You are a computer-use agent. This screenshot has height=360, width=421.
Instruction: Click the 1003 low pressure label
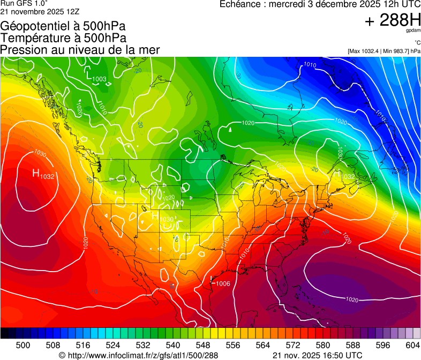[99, 79]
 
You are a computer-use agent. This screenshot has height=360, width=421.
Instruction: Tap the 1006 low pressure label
[223, 283]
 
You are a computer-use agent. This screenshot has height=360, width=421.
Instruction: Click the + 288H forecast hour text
[392, 20]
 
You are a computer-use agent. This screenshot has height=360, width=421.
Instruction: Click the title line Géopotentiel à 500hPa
[63, 26]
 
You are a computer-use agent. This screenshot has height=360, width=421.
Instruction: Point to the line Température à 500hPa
[63, 37]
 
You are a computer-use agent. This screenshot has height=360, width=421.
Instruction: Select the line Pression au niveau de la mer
[80, 50]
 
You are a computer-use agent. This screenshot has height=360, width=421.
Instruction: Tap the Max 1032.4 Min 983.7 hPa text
[384, 51]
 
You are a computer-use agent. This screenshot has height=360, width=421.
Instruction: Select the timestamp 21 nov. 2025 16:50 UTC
[318, 355]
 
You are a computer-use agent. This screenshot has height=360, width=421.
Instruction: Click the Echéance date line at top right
[320, 4]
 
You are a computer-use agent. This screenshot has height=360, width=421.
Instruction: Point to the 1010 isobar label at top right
[310, 65]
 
